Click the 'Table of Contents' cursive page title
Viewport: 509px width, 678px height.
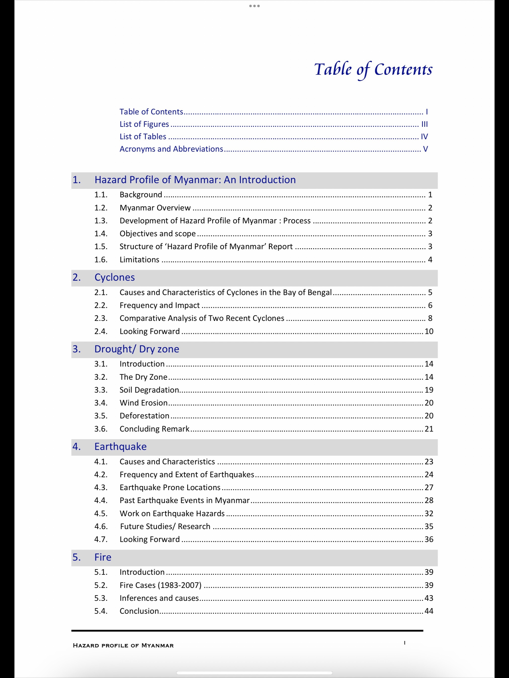click(373, 69)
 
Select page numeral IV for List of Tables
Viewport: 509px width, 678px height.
click(424, 137)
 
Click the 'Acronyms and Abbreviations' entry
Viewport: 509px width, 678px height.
click(171, 149)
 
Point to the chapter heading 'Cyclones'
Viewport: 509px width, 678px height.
click(115, 277)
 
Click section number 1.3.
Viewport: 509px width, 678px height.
click(101, 221)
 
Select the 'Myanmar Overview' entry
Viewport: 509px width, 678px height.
click(155, 208)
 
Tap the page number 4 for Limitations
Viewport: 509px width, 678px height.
click(430, 260)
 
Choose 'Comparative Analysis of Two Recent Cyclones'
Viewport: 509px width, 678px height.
click(202, 318)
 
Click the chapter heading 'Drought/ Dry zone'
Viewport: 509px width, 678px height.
click(137, 349)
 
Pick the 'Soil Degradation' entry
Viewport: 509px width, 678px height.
click(149, 390)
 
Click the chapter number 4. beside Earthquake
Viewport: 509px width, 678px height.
click(77, 447)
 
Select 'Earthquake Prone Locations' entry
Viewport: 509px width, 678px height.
click(170, 487)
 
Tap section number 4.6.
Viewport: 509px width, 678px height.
click(101, 526)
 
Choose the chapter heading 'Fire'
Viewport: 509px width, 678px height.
click(103, 557)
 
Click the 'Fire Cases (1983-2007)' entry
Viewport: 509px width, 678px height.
click(160, 585)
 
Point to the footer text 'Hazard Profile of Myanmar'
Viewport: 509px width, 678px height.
click(123, 645)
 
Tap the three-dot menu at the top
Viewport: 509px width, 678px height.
click(254, 6)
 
